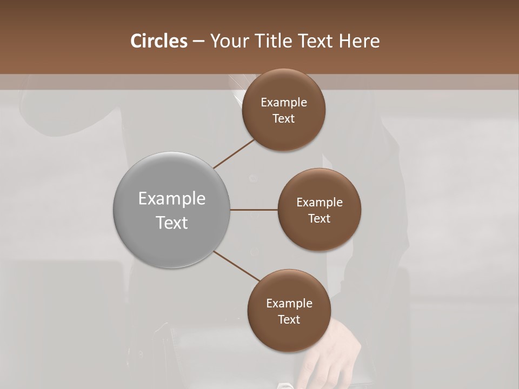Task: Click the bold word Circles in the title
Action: coord(159,41)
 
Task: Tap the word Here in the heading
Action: coord(359,41)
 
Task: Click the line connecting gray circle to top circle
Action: coord(234,153)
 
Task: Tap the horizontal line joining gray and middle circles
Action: coord(254,210)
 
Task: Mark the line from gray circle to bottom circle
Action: coord(237,266)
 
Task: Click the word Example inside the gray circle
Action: coord(172,199)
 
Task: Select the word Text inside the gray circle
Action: coord(172,223)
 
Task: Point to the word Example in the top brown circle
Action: coord(284,103)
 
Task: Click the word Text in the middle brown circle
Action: coord(320,218)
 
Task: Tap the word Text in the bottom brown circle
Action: coord(289,319)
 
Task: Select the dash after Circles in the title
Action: coord(198,41)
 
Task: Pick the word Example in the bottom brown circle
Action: coord(289,303)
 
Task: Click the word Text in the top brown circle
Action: coord(284,118)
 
